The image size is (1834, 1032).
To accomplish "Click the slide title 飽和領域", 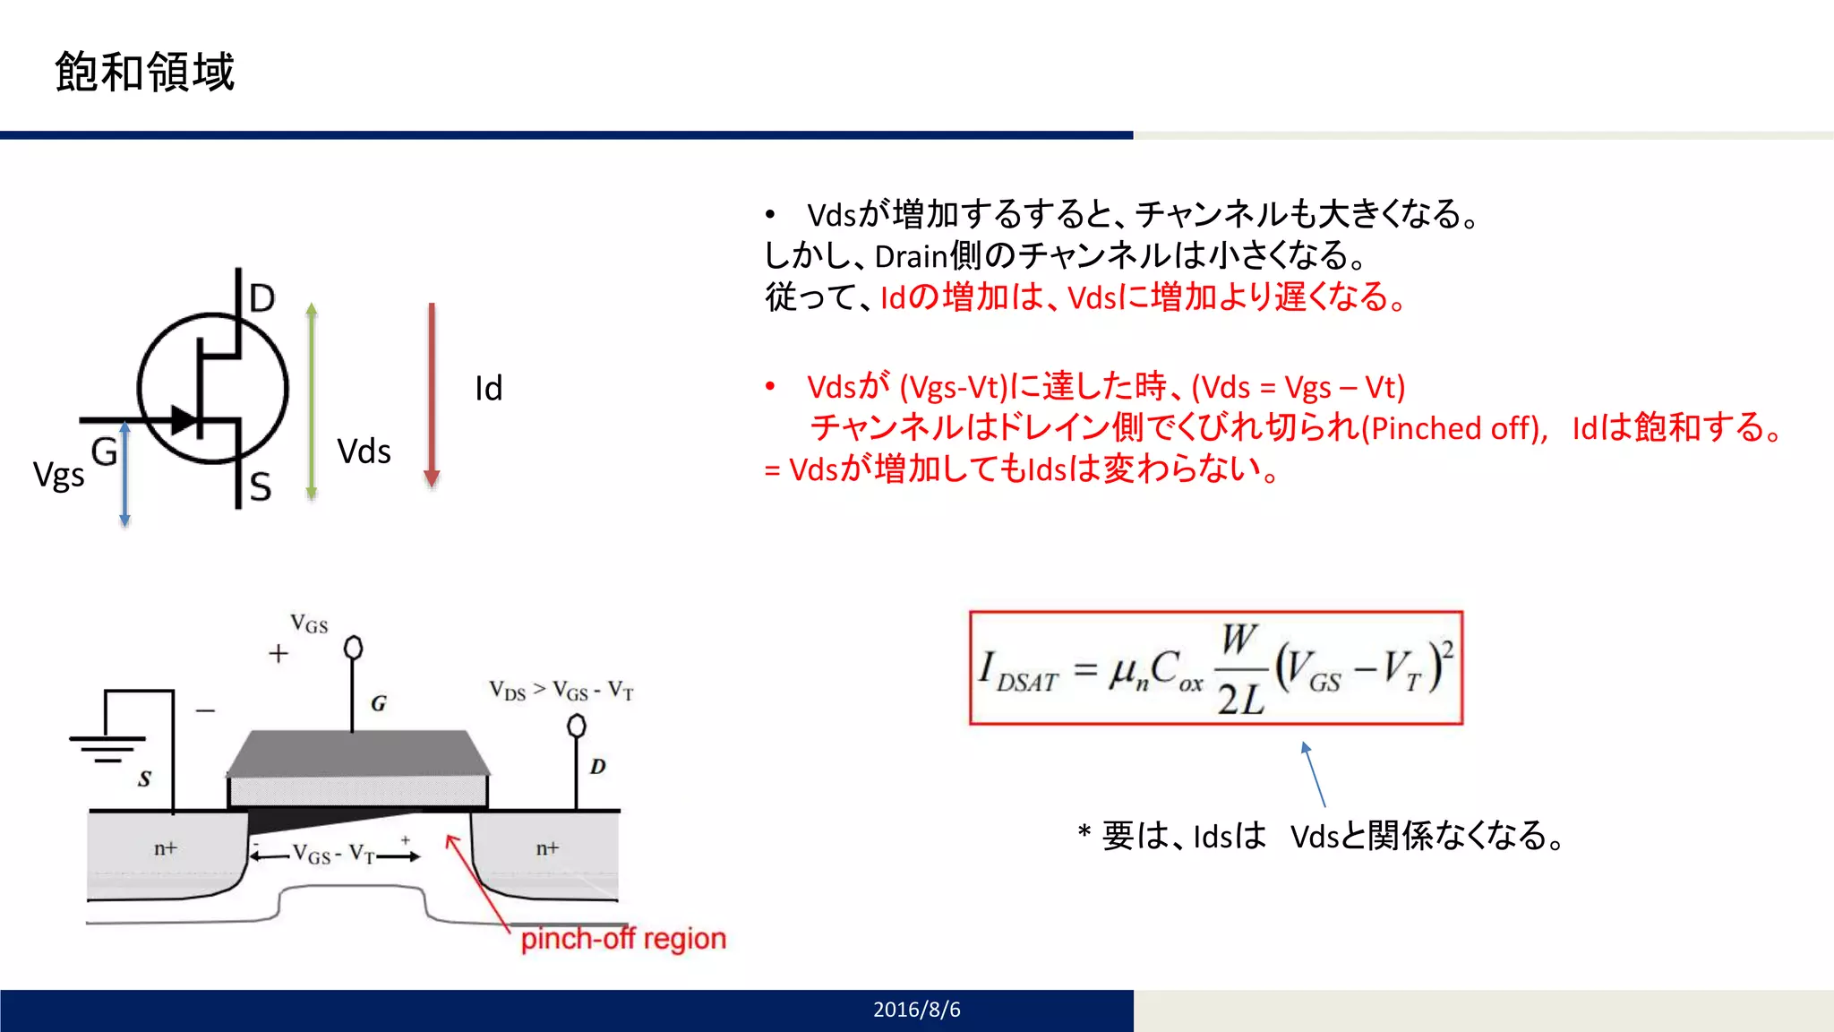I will [x=144, y=72].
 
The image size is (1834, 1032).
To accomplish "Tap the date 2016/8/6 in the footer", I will [x=916, y=1010].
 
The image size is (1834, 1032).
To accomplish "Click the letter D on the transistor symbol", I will [x=261, y=297].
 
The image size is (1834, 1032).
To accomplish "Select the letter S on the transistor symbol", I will [x=260, y=486].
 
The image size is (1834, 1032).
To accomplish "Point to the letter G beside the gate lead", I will [x=104, y=451].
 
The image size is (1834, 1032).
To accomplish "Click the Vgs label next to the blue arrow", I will [x=58, y=474].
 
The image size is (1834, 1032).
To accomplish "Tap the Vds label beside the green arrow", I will [x=364, y=451].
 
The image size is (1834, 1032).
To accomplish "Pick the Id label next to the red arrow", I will [x=488, y=389].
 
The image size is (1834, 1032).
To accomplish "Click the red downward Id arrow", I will [x=432, y=394].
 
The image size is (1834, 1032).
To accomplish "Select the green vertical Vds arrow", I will [x=312, y=400].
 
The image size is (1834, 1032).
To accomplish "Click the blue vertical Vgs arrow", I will [x=124, y=474].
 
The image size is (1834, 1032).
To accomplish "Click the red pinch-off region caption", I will [x=623, y=939].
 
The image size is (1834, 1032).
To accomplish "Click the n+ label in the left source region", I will [x=166, y=847].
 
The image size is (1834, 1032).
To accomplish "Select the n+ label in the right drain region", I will [x=547, y=847].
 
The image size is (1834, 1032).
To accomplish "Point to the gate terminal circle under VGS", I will [x=353, y=647].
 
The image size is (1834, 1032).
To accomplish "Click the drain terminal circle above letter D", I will [x=577, y=725].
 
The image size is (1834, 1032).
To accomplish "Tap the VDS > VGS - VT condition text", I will [x=561, y=691].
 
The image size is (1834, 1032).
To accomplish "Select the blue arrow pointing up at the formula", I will [x=1313, y=774].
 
